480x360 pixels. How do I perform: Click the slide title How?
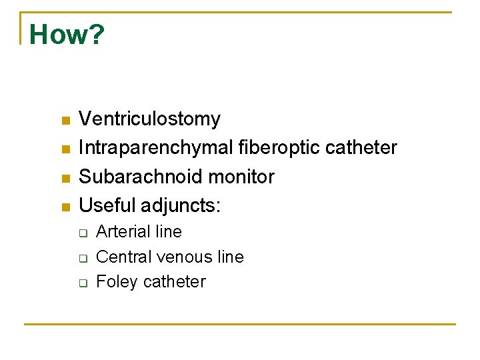click(67, 35)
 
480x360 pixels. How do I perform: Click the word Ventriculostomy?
click(149, 119)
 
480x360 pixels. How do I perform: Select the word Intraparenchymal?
click(156, 148)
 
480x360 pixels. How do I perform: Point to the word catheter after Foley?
click(175, 282)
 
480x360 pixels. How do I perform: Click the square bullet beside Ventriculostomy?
click(65, 121)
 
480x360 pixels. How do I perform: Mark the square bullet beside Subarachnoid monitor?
click(65, 178)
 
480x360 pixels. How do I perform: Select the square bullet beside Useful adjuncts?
click(65, 207)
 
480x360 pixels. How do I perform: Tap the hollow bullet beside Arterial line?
click(83, 233)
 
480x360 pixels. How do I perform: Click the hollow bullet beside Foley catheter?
click(83, 283)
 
